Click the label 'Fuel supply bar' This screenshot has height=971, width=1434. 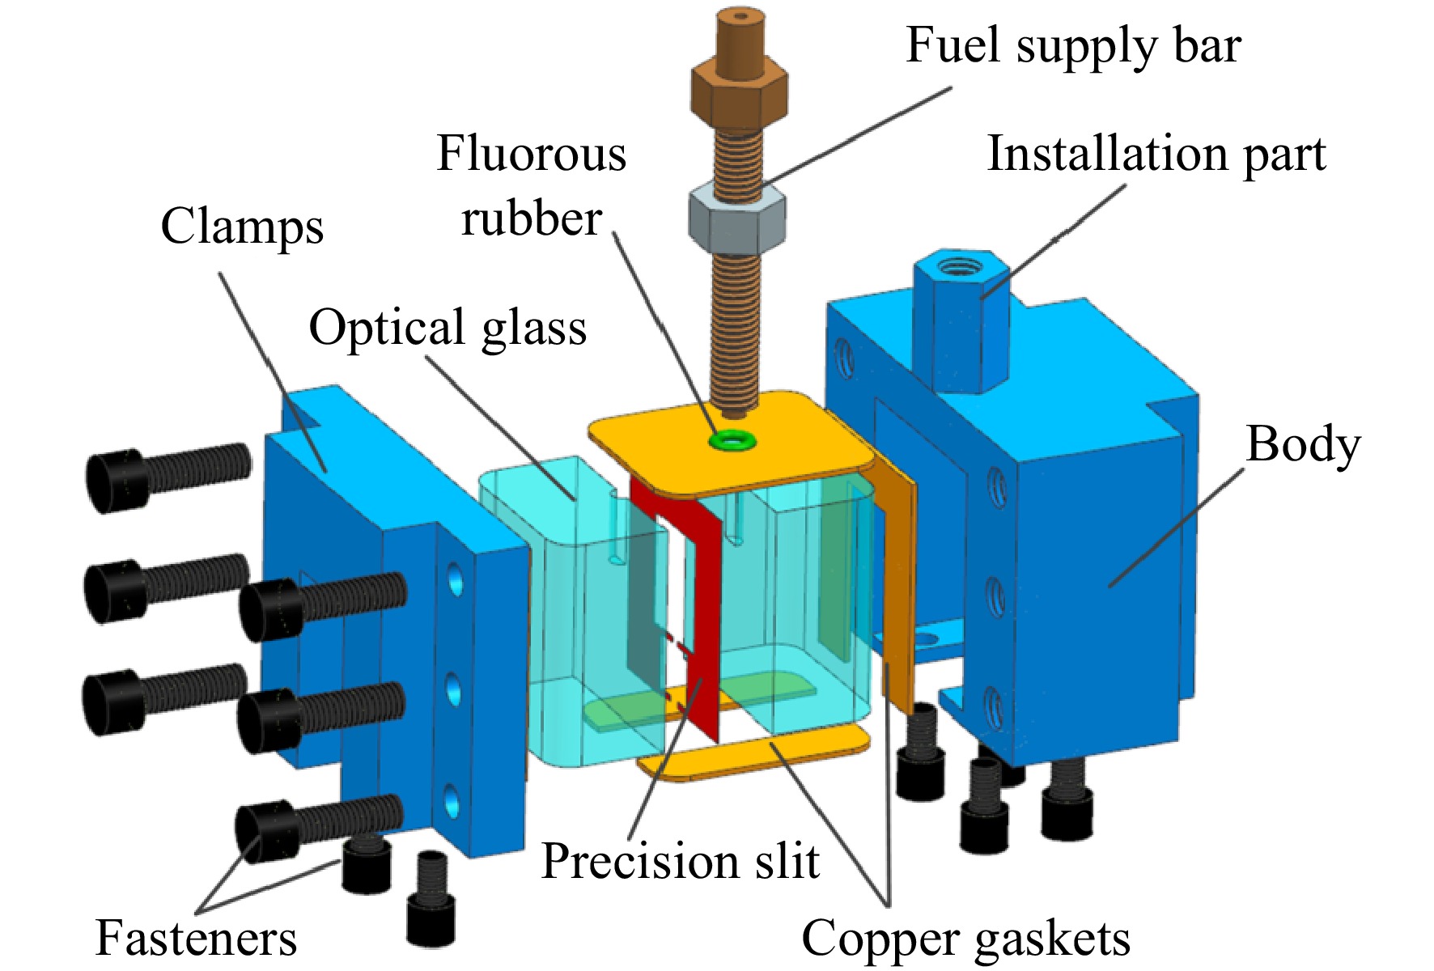click(1073, 46)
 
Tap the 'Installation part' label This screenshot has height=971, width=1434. click(1156, 154)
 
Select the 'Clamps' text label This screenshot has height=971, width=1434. click(242, 227)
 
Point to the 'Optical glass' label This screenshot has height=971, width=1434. click(448, 328)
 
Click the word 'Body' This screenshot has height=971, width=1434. click(1303, 444)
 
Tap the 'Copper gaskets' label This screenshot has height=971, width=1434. click(965, 939)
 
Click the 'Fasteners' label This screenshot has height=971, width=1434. click(196, 938)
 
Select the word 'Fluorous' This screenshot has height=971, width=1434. click(531, 154)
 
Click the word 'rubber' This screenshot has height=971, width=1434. click(531, 218)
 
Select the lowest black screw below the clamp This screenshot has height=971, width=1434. click(430, 898)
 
